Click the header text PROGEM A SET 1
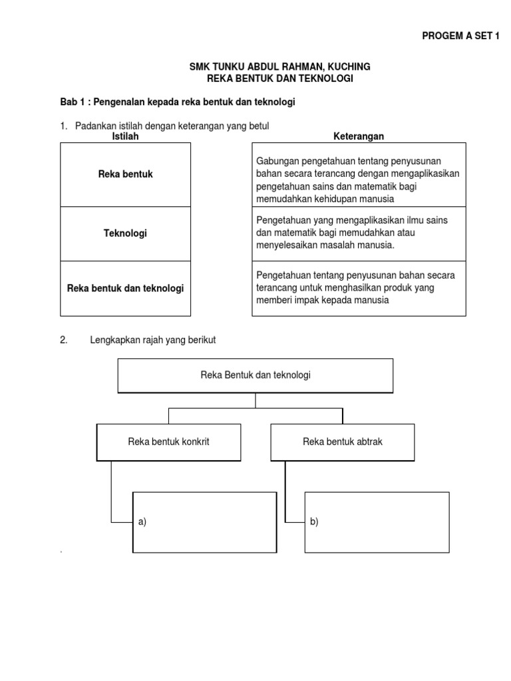click(460, 37)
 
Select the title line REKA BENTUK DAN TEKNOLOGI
click(279, 78)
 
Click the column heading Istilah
click(126, 136)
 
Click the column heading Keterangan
click(359, 136)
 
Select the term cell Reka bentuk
click(126, 174)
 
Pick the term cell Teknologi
click(126, 233)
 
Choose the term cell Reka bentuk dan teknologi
click(126, 288)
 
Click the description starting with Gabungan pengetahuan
click(359, 180)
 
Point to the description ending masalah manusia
click(359, 233)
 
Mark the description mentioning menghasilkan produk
click(359, 287)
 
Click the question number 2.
click(64, 340)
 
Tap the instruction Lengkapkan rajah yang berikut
click(153, 340)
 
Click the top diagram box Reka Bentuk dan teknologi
click(255, 375)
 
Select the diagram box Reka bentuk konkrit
click(168, 442)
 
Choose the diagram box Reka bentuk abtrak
click(342, 442)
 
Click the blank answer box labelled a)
click(205, 522)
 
